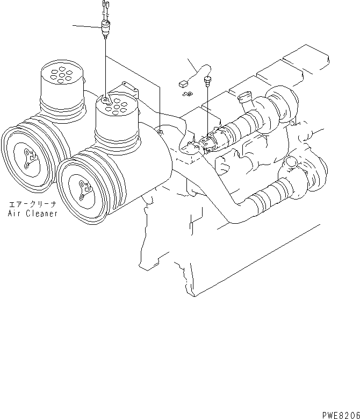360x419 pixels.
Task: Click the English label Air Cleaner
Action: (33, 213)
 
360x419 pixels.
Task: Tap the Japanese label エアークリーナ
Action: (33, 204)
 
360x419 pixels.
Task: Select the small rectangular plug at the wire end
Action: (182, 84)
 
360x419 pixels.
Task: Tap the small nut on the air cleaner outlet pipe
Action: (160, 130)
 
